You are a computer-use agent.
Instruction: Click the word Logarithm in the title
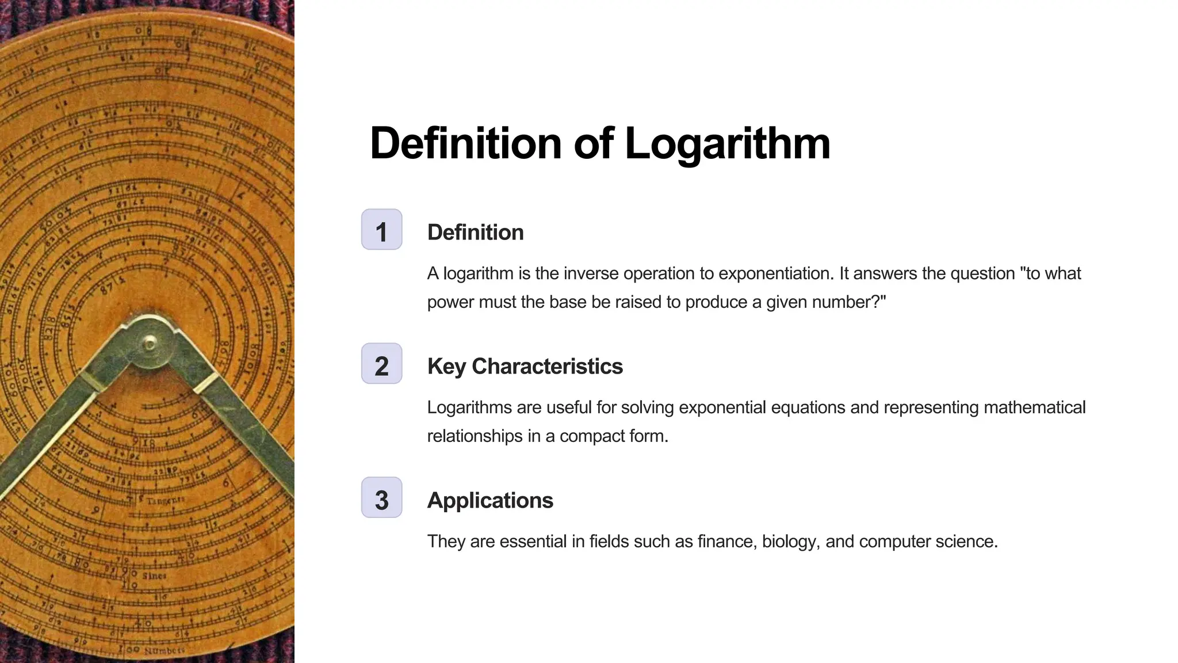coord(727,143)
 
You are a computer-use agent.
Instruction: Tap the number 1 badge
coord(381,230)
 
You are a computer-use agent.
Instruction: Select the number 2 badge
coord(381,364)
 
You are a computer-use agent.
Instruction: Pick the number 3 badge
coord(381,498)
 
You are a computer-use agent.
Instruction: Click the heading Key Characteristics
coord(525,367)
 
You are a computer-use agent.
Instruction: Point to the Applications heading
coord(490,501)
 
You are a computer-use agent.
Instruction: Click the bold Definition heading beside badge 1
coord(475,233)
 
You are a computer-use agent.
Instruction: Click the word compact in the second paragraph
coord(592,436)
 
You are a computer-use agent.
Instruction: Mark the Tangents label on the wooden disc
coord(165,501)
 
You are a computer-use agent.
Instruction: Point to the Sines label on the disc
coord(154,576)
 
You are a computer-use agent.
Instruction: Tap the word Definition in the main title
coord(465,143)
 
